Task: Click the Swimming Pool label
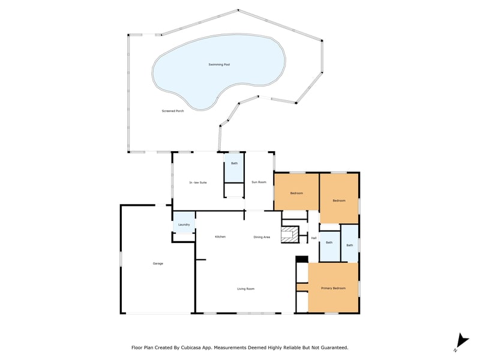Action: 219,65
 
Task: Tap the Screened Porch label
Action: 173,111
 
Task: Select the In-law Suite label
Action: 198,183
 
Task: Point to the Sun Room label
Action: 259,182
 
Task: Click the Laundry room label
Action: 184,224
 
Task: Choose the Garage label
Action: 158,263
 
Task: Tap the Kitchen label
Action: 220,237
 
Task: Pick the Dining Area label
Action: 262,237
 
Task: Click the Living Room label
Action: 246,289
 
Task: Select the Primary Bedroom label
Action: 334,289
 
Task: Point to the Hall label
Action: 314,238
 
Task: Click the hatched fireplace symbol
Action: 290,235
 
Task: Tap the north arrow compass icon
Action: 462,342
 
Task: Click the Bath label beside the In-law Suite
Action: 234,163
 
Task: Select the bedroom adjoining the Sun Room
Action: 296,192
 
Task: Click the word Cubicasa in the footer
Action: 191,348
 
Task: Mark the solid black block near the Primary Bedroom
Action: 302,259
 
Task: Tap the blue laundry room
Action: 184,223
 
